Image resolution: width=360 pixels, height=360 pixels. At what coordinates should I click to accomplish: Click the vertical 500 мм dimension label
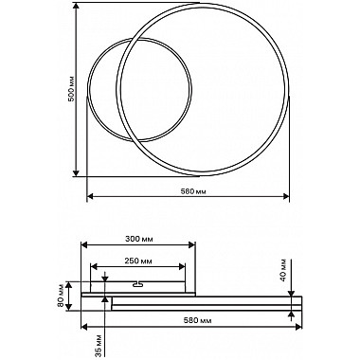tap(72, 89)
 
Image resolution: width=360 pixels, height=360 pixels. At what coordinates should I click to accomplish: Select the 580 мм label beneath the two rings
tap(193, 191)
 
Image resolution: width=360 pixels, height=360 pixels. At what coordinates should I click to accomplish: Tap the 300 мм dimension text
tap(139, 239)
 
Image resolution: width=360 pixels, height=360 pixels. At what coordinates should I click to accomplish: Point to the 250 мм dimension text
tap(138, 261)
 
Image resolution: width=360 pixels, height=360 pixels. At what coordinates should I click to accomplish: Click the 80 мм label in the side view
tap(61, 297)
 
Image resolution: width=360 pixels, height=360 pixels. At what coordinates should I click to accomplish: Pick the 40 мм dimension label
tap(283, 270)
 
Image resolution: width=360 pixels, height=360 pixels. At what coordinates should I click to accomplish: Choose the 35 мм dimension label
tap(99, 346)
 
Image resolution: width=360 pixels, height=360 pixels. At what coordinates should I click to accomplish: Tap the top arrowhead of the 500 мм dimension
tap(76, 7)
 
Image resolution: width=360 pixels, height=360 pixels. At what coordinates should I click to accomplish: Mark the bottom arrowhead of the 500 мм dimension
tap(76, 172)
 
